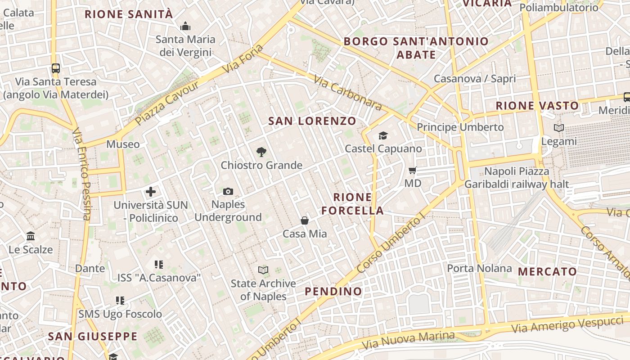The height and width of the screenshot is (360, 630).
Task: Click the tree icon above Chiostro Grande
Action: point(261,152)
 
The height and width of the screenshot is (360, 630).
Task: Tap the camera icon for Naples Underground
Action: point(228,192)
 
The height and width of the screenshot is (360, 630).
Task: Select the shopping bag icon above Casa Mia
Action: point(305,220)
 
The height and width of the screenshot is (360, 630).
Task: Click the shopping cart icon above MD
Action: point(412,170)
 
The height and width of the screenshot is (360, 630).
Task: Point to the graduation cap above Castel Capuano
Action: point(383,135)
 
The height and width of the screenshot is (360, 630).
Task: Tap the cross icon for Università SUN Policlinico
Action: point(151,192)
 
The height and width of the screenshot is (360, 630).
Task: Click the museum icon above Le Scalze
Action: point(31,236)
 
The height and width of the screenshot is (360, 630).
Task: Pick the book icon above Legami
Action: point(559,128)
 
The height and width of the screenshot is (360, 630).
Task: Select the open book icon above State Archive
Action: point(263,270)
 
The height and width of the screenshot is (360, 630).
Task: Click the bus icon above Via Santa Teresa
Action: point(55,68)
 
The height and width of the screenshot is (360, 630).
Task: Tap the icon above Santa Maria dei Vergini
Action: point(185,27)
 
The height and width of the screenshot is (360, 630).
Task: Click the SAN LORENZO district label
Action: point(312,121)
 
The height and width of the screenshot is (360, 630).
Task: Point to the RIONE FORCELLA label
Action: point(353,204)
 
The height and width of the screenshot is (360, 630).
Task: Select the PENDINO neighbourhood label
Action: point(333,292)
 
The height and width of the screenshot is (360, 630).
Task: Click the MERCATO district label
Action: point(547,272)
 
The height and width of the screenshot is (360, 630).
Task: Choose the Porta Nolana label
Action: point(479,269)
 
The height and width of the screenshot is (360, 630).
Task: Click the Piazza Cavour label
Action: point(167,103)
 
